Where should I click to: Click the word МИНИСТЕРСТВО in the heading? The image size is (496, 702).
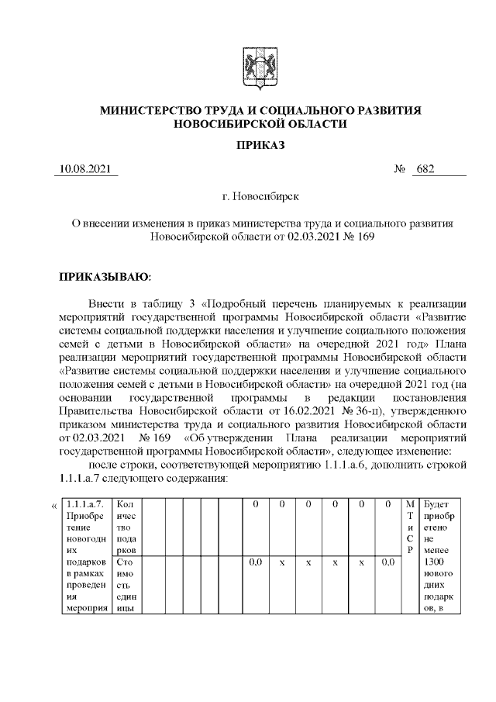pos(155,111)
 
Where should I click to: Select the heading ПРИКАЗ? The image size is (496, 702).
pos(260,144)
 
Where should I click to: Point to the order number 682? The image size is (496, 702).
pos(425,169)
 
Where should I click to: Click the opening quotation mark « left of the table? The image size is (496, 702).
pos(54,506)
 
